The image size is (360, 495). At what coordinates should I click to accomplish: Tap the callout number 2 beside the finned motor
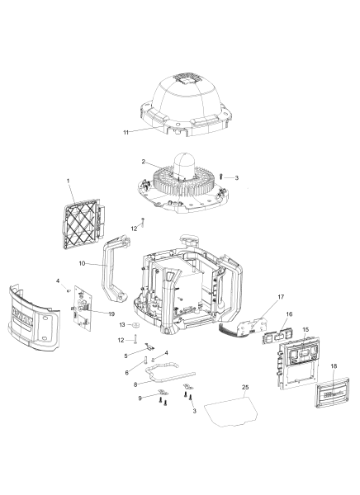click(143, 163)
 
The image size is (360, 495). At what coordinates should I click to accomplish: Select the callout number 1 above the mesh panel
click(69, 181)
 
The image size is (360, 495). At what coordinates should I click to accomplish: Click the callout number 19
click(111, 314)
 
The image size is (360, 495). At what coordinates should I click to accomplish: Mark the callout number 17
click(281, 297)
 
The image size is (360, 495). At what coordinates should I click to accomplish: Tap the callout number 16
click(289, 315)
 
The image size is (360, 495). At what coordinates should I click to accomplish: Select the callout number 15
click(306, 331)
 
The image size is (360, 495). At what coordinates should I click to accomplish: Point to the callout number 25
click(245, 388)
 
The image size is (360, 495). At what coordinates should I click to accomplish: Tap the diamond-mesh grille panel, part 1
click(83, 219)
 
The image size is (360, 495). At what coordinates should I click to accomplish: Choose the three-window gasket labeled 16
click(277, 338)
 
